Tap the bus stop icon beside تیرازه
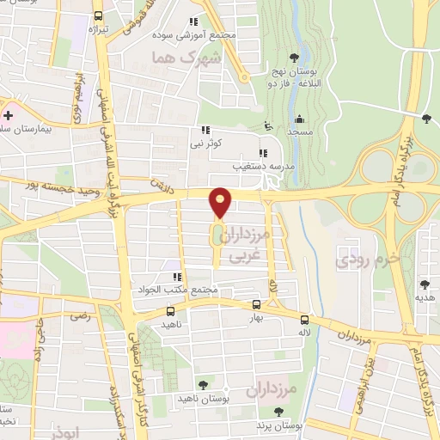pyautogui.click(x=98, y=15)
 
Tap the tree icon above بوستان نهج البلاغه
pyautogui.click(x=295, y=57)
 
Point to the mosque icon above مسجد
pyautogui.click(x=299, y=119)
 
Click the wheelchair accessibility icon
pyautogui.click(x=268, y=125)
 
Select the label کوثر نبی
pyautogui.click(x=207, y=143)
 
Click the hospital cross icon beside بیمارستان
pyautogui.click(x=9, y=115)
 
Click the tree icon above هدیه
pyautogui.click(x=424, y=284)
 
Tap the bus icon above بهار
pyautogui.click(x=256, y=304)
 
